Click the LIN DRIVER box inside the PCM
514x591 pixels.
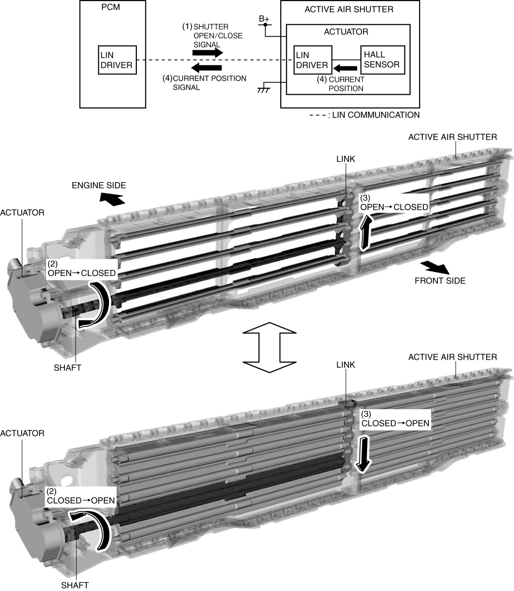click(x=117, y=60)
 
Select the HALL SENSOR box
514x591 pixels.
click(x=382, y=60)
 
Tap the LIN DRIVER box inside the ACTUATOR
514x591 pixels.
click(x=313, y=60)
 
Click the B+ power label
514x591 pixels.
click(x=264, y=19)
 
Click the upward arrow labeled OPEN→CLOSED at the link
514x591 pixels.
click(x=365, y=232)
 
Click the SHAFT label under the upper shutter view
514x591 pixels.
click(x=67, y=368)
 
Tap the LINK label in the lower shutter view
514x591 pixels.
click(x=345, y=365)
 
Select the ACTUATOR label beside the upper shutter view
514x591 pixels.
click(x=22, y=213)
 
